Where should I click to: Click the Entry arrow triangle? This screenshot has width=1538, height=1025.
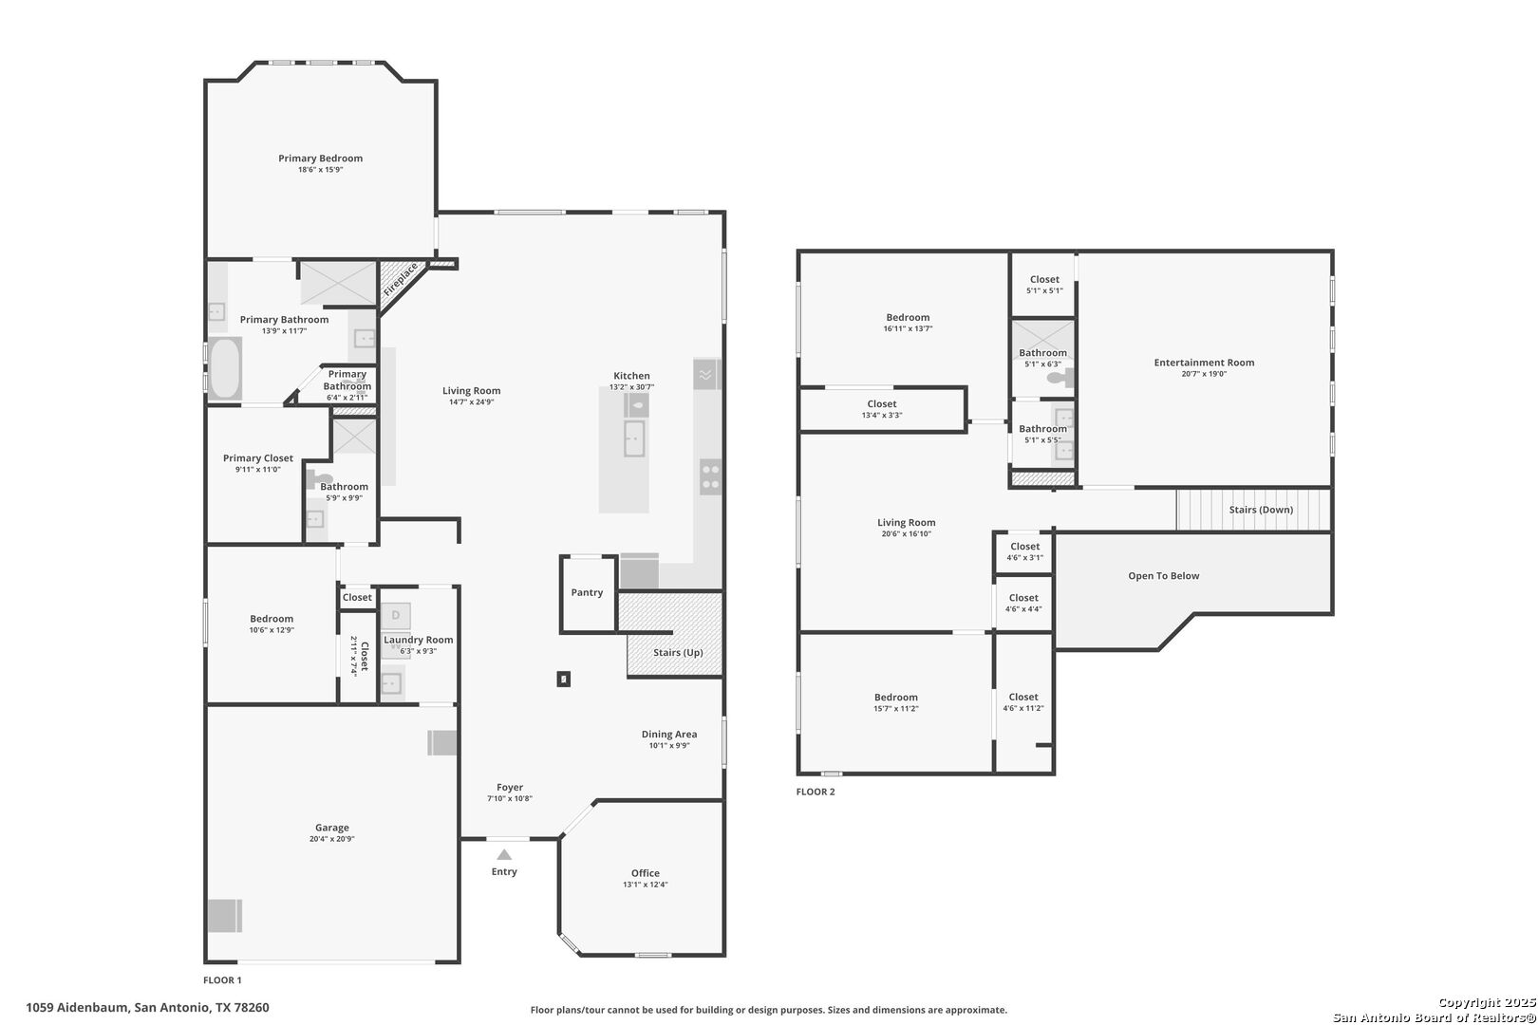[x=504, y=855]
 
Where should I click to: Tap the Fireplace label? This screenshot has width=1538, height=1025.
[x=401, y=279]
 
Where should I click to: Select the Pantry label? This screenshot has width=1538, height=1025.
[x=587, y=592]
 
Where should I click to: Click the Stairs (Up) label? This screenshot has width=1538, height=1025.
[x=678, y=652]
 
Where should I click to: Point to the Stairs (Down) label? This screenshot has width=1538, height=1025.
[x=1261, y=510]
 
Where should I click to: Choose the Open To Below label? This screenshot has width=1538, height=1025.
[x=1164, y=576]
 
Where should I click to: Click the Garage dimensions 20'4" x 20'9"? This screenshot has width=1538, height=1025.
[x=331, y=839]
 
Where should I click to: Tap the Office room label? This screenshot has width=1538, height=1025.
[x=646, y=873]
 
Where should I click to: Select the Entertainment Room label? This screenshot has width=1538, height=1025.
[x=1204, y=363]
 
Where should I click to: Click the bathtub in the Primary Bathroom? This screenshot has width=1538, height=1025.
[x=224, y=368]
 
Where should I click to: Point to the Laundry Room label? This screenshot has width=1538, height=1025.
[x=418, y=640]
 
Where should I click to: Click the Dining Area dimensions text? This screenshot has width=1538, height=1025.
[x=669, y=746]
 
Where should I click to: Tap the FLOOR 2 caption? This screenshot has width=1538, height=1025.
[x=816, y=792]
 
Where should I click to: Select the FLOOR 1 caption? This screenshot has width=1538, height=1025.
[x=222, y=980]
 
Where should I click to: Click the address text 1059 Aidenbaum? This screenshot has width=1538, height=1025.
[x=77, y=1008]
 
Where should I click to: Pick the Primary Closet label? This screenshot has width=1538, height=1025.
[x=258, y=457]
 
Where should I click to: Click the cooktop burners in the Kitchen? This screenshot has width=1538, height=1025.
[x=711, y=477]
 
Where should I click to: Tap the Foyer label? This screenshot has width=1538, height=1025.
[x=510, y=788]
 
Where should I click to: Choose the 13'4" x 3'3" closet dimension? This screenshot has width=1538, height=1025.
[x=882, y=416]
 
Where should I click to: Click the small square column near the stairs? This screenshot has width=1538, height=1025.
[x=563, y=679]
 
